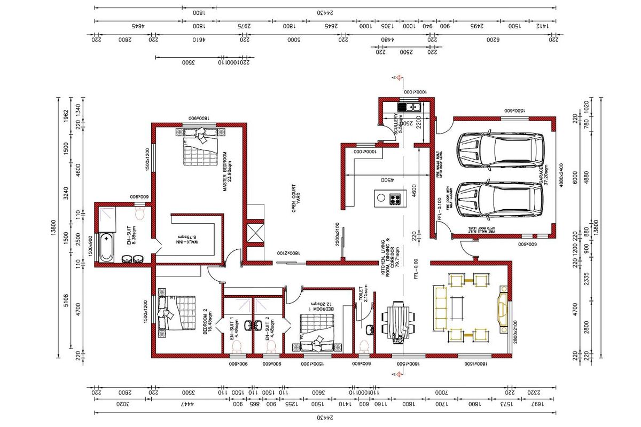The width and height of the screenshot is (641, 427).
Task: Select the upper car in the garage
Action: click(x=499, y=149)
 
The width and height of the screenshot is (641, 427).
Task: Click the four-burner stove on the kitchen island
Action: click(x=395, y=199)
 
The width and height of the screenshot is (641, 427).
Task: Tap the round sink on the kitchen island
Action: click(x=381, y=198)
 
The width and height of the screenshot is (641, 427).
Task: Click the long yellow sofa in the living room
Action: click(x=441, y=307)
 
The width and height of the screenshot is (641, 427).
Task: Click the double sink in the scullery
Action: click(x=412, y=107)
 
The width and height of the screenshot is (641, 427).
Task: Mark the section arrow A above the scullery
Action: click(x=395, y=78)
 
